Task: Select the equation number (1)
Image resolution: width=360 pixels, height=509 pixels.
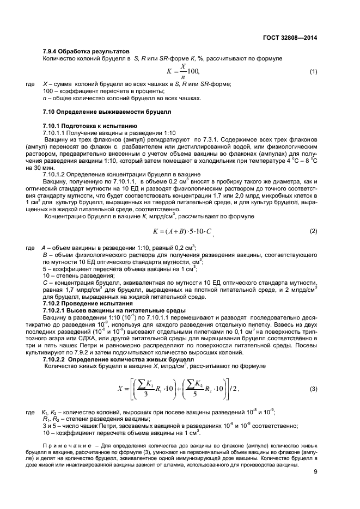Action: (313, 72)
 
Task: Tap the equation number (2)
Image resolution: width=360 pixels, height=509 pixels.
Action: (313, 231)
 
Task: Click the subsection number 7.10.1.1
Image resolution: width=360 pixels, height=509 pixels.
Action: (52, 132)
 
